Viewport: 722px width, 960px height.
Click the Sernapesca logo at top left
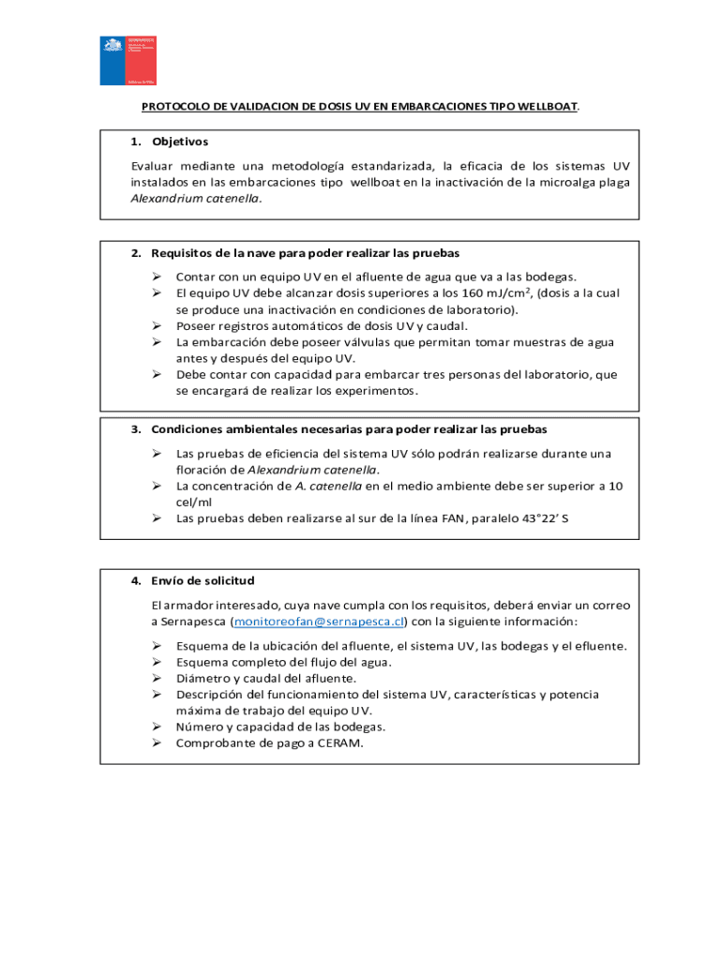point(128,60)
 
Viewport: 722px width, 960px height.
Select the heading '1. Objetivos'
point(170,142)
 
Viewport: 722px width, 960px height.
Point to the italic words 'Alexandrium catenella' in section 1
point(196,199)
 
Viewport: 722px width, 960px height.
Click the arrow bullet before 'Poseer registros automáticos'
point(158,326)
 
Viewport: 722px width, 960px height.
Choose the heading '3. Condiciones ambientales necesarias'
point(338,429)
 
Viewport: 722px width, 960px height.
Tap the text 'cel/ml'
point(194,502)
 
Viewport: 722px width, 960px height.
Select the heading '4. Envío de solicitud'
point(192,580)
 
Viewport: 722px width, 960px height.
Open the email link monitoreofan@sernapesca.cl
point(319,622)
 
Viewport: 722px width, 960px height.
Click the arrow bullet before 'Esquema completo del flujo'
point(158,662)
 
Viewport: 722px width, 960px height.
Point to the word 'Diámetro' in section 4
point(203,678)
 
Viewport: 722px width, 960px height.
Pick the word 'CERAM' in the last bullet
point(338,742)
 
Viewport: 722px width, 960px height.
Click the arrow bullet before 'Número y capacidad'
point(158,727)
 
